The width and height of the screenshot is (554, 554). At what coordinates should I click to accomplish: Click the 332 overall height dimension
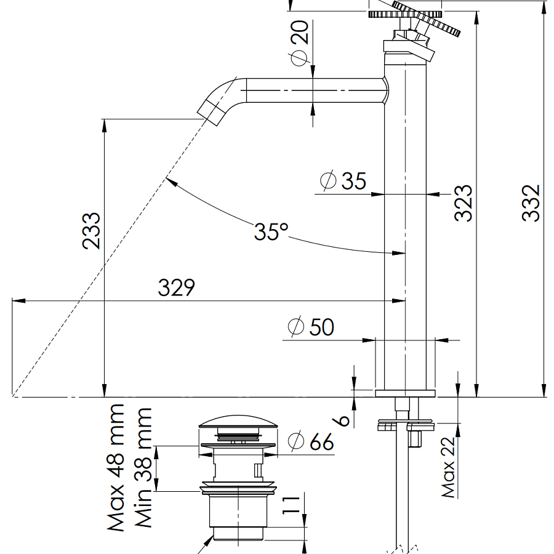point(531,203)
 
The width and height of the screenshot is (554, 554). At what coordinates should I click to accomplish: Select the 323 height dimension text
point(463,203)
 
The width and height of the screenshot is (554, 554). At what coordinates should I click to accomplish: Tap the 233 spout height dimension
point(92,231)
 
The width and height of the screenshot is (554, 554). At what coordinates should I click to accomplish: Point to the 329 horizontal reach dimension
point(176,287)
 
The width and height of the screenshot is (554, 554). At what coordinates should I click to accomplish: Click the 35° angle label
point(271,231)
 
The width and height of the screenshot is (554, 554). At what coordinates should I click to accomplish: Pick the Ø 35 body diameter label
point(343,180)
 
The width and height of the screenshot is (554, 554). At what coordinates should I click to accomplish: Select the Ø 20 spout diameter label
point(300,42)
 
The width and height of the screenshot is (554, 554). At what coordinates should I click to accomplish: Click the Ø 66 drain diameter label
point(311,441)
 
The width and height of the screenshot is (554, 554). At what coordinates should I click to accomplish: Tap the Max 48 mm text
point(116,468)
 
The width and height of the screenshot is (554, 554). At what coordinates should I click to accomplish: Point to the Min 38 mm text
point(143,468)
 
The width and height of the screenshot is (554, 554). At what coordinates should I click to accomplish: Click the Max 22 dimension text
point(448,467)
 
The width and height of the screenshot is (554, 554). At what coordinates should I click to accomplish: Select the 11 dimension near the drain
point(291,505)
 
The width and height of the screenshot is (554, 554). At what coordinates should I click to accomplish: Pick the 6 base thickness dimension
point(341,420)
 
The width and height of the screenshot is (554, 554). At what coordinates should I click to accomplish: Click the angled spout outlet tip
point(211,113)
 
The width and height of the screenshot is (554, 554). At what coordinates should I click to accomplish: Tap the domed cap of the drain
point(238,422)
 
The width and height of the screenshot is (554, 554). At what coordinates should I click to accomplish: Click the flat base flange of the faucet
point(405,393)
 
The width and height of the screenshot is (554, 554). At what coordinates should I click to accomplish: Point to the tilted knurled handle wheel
point(426,18)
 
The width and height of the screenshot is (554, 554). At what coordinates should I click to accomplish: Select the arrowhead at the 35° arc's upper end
point(171,181)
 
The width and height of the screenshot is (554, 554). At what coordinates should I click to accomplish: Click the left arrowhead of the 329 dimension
point(18,300)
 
